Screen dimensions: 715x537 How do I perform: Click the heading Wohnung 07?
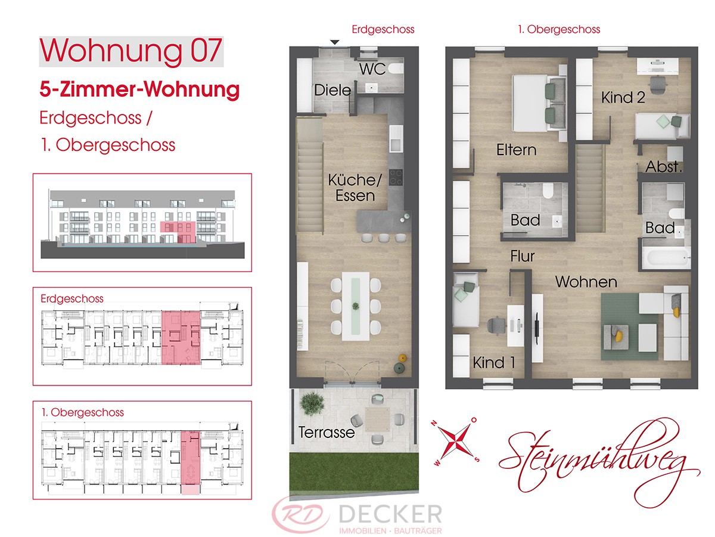click(131, 51)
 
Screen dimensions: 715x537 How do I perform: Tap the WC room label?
click(372, 69)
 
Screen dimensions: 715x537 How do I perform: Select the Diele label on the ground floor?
click(332, 90)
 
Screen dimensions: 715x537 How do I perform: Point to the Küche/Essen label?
click(355, 188)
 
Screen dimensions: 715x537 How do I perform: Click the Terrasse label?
click(327, 433)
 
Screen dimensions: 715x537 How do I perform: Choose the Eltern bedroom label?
click(517, 150)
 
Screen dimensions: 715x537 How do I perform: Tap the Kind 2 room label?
click(623, 97)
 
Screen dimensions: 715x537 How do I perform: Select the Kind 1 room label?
click(494, 362)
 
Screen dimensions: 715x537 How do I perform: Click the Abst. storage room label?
click(664, 166)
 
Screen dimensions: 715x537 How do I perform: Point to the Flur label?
click(523, 257)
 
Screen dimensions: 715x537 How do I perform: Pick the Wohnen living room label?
click(586, 282)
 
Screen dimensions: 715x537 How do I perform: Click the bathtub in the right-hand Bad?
click(667, 258)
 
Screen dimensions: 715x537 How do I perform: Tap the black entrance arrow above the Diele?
click(335, 42)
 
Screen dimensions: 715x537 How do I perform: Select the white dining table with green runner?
click(355, 307)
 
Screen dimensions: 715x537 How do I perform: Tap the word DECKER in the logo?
click(390, 514)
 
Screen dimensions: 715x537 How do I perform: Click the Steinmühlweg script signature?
click(599, 464)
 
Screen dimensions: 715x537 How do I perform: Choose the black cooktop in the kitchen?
click(396, 177)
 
